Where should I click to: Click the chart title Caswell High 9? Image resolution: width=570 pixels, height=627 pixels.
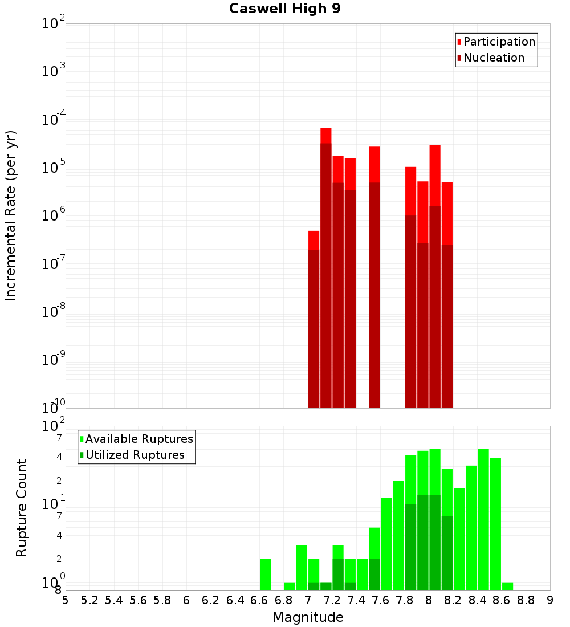click(x=284, y=9)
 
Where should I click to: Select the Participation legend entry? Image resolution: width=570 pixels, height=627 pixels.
click(x=499, y=42)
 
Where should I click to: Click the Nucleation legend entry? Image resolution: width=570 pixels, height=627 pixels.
click(x=493, y=58)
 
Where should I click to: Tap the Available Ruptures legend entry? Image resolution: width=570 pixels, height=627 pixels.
click(x=139, y=439)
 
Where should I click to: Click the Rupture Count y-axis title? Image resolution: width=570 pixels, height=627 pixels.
click(x=22, y=507)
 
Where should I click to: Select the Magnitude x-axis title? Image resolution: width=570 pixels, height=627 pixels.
click(x=308, y=617)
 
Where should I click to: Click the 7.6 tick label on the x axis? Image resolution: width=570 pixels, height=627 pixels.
click(x=380, y=600)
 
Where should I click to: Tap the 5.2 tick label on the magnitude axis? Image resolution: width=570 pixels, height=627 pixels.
click(x=89, y=600)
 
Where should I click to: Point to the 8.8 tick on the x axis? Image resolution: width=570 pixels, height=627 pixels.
click(x=526, y=600)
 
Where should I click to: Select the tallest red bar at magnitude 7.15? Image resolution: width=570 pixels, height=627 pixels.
click(x=325, y=268)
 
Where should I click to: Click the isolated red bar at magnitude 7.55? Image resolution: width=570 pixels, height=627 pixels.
click(x=374, y=279)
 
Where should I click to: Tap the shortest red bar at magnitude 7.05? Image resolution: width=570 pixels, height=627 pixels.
click(x=313, y=319)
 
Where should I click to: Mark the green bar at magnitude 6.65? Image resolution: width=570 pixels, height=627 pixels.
click(x=265, y=574)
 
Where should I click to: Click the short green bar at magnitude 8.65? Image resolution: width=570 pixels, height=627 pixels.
click(x=507, y=586)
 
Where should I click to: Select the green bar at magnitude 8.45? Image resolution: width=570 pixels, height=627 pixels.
click(x=483, y=519)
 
